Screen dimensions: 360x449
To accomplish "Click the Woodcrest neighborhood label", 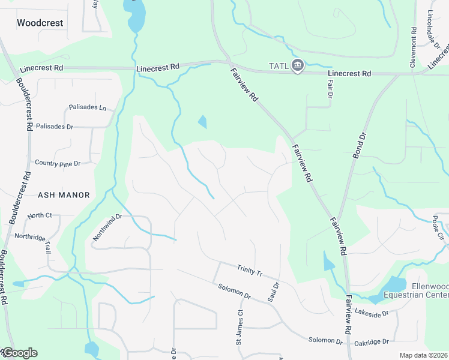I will click(40, 23).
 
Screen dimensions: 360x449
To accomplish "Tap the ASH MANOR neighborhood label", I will click(64, 195).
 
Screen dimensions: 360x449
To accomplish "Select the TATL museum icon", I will click(297, 65).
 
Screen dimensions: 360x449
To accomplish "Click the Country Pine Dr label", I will click(58, 163).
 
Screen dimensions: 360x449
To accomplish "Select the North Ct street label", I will click(40, 215).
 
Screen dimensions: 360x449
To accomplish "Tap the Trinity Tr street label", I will click(250, 271).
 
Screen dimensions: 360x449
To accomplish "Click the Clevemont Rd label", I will click(413, 47).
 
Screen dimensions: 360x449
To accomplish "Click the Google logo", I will click(20, 353).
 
